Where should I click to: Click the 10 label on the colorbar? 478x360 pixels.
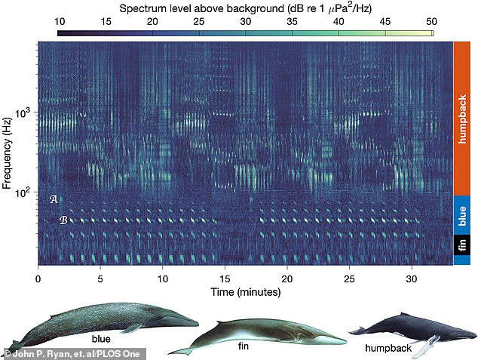click(x=64, y=22)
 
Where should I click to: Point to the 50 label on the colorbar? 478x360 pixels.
click(x=431, y=22)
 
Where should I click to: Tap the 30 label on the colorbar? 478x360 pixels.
click(x=247, y=22)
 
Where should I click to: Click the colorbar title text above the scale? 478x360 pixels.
click(x=247, y=8)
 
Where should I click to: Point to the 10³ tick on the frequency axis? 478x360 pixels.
click(x=24, y=114)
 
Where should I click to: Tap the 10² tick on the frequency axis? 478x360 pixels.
click(x=24, y=193)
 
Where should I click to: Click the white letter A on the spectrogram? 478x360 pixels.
click(x=54, y=200)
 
